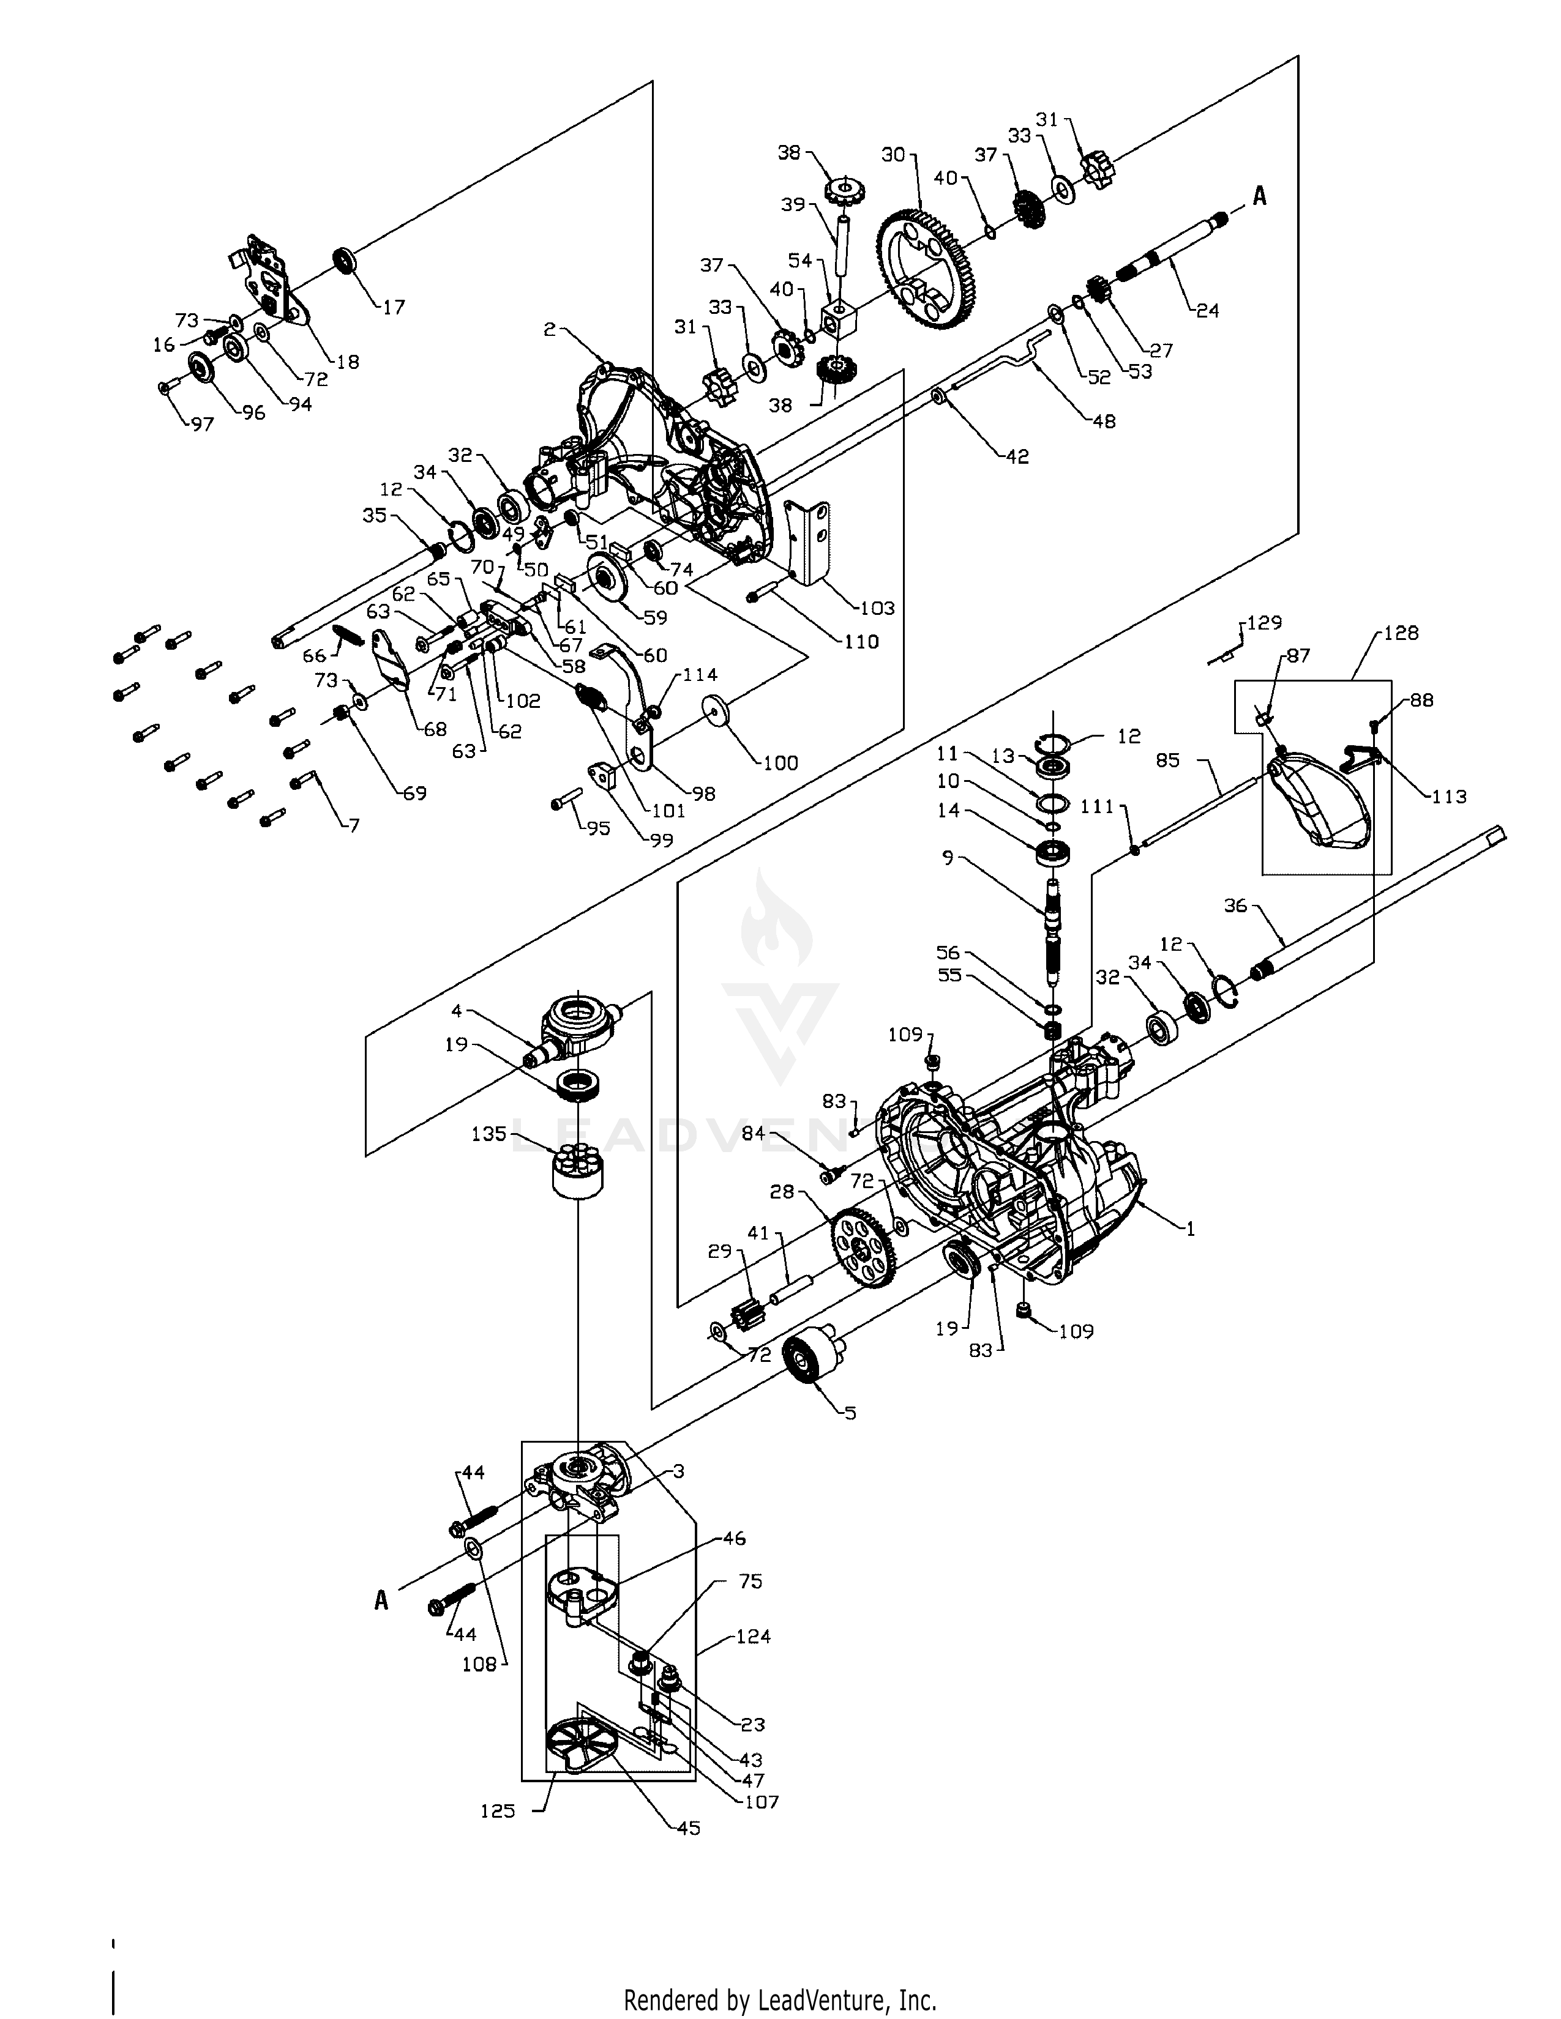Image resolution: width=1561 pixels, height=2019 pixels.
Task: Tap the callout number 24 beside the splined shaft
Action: tap(1207, 311)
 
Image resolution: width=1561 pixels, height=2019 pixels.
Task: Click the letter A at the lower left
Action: tap(381, 1601)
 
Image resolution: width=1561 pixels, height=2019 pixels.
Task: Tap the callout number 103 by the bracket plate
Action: tap(876, 608)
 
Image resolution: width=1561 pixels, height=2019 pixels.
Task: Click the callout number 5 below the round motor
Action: tap(850, 1413)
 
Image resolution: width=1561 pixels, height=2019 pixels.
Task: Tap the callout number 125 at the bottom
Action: tap(498, 1811)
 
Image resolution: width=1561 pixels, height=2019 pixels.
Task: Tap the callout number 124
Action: tap(753, 1635)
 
